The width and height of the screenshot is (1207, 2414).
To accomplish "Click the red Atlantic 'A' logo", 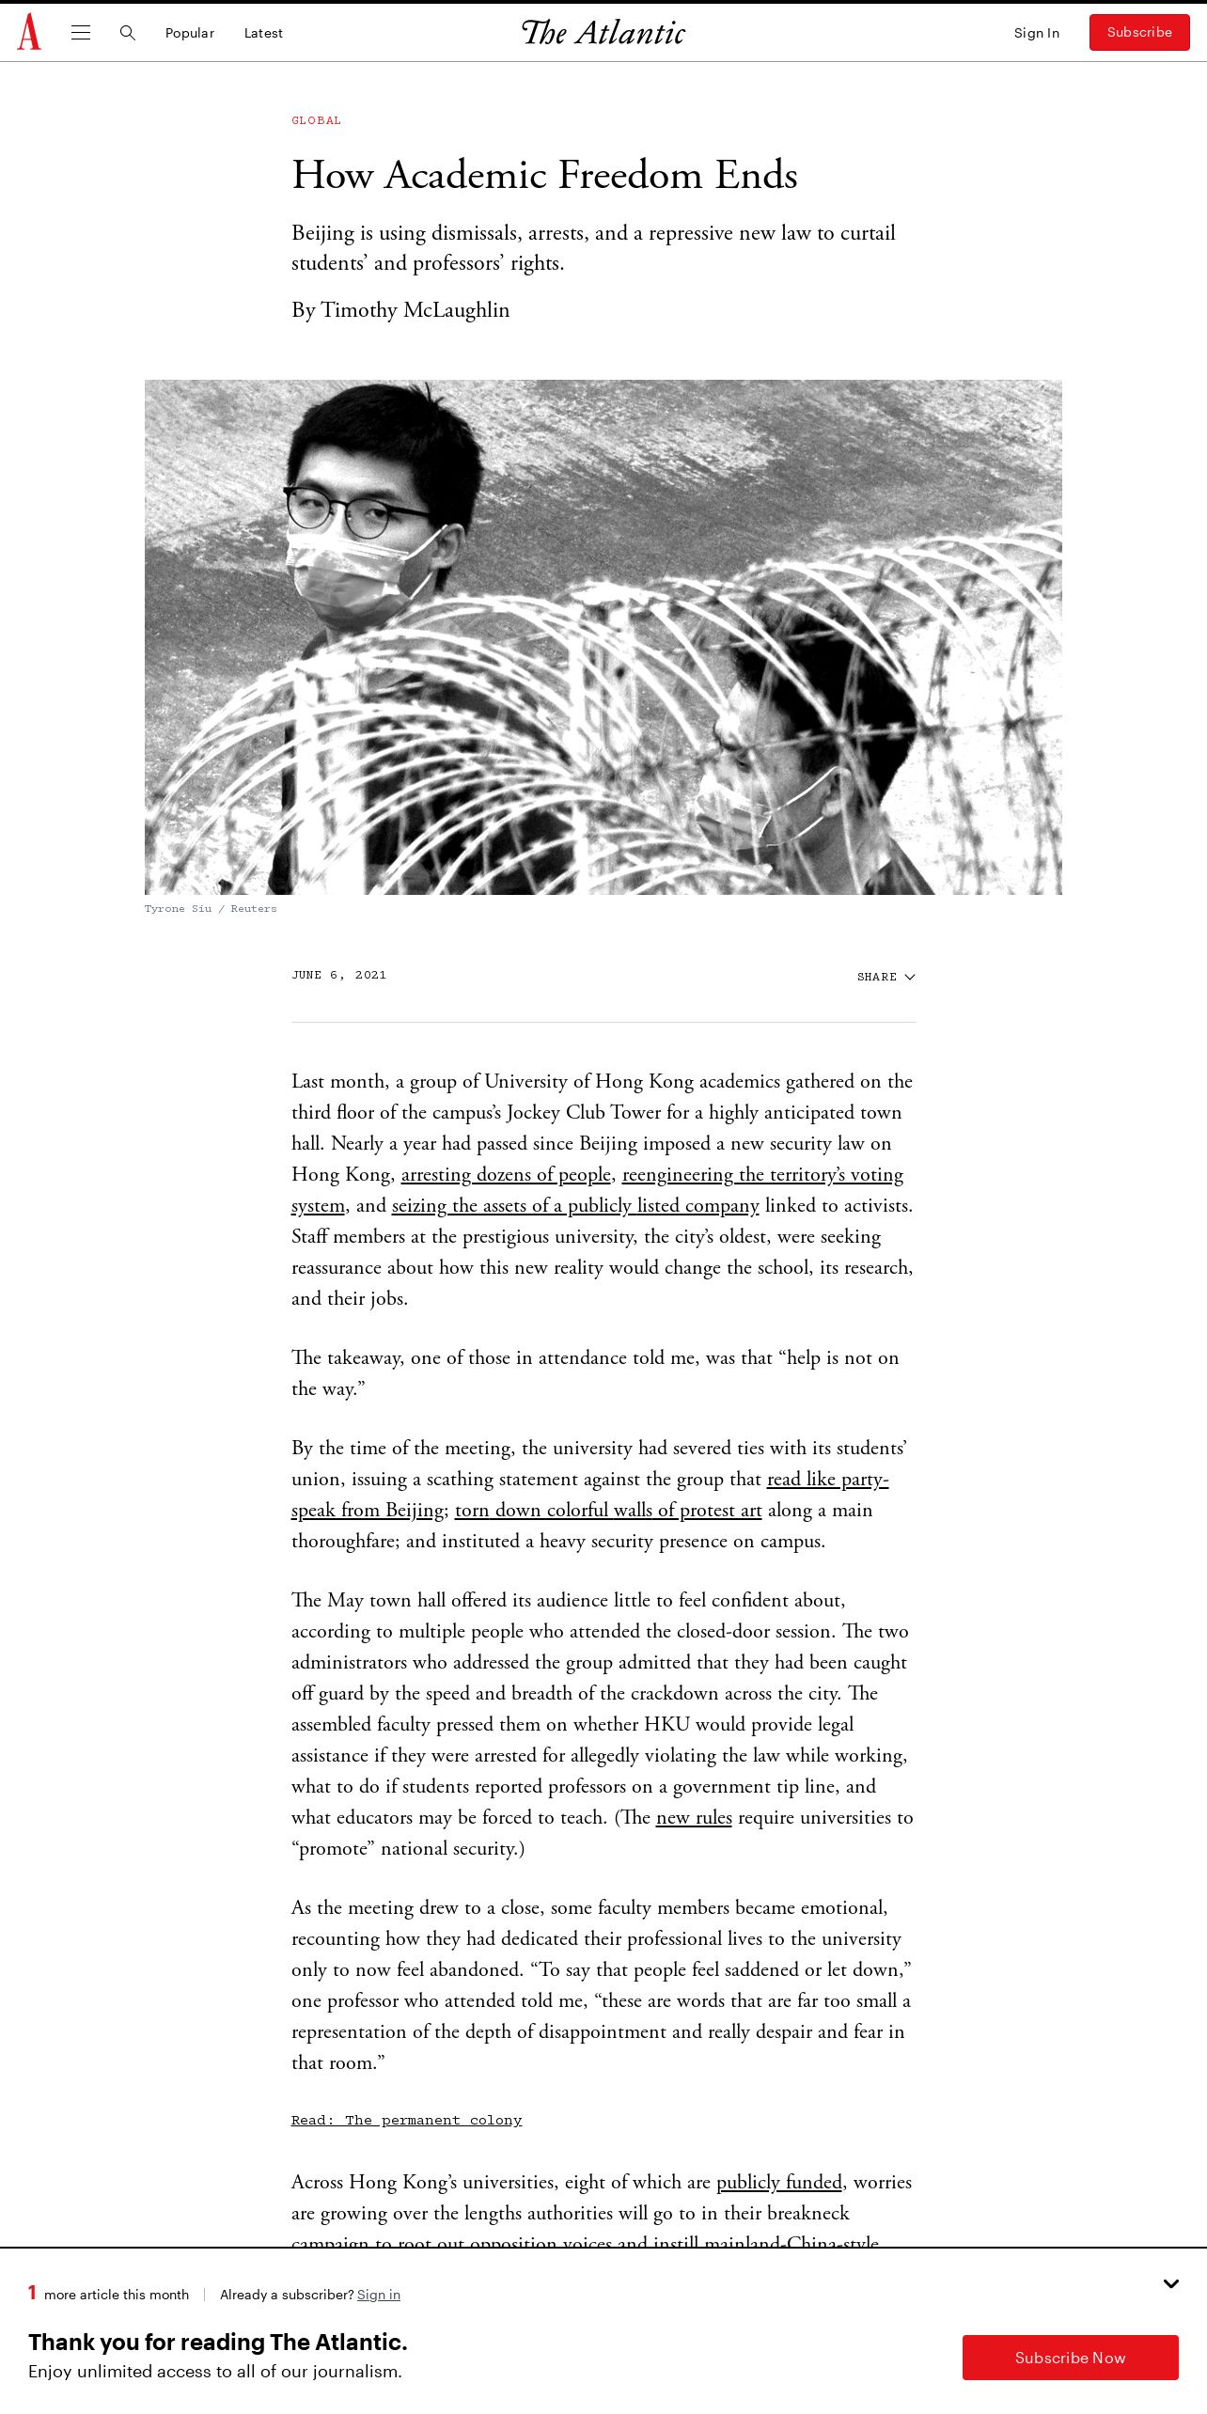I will [29, 32].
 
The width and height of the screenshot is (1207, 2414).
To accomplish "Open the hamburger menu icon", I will [81, 33].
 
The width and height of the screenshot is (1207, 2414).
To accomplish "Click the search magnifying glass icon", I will [128, 33].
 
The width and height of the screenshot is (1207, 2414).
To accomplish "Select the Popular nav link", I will [190, 33].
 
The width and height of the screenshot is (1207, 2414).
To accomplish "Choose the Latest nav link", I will [263, 33].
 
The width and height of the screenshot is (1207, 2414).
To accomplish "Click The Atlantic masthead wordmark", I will [603, 33].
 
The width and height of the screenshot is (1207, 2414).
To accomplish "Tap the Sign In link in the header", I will [1036, 33].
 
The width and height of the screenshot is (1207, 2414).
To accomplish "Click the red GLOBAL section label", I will [316, 120].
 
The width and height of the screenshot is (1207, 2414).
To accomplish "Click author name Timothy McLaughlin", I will [415, 310].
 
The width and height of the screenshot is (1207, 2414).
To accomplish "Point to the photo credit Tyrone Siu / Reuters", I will [211, 909].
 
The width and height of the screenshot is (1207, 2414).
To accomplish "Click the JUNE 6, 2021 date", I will [338, 975].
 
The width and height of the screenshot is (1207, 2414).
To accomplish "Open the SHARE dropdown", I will [886, 977].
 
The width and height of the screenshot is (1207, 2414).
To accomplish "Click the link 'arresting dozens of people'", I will [506, 1175].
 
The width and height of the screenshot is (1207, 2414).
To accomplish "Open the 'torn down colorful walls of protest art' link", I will [608, 1511].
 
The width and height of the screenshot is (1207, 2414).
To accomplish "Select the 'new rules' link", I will [694, 1818].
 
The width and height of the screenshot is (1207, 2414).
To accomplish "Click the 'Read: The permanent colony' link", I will [406, 2120].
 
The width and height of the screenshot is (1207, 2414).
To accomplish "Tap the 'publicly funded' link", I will [779, 2183].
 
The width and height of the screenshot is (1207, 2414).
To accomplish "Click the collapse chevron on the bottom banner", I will [1170, 2284].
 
